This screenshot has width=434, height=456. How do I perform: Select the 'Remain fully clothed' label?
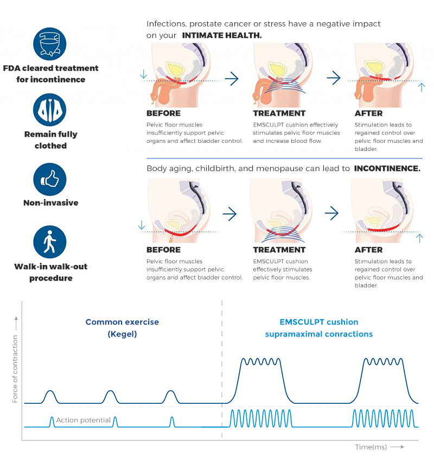pyautogui.click(x=50, y=140)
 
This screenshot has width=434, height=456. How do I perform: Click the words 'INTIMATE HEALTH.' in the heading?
pyautogui.click(x=222, y=35)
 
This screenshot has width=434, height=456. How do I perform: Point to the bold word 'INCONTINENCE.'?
pyautogui.click(x=387, y=169)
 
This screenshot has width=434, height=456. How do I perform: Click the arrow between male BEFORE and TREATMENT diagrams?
pyautogui.click(x=231, y=79)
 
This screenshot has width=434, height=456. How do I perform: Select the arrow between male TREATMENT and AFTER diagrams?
pyautogui.click(x=333, y=79)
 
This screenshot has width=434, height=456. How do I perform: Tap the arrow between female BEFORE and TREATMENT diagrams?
pyautogui.click(x=230, y=214)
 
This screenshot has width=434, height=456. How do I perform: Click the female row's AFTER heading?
pyautogui.click(x=368, y=250)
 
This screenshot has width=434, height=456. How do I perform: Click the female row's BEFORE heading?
pyautogui.click(x=163, y=250)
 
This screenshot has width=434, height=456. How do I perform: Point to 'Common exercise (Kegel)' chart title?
pyautogui.click(x=122, y=328)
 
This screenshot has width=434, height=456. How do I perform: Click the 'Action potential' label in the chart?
pyautogui.click(x=83, y=420)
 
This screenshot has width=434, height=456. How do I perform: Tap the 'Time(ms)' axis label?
pyautogui.click(x=371, y=447)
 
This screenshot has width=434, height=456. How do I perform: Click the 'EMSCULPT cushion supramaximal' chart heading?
pyautogui.click(x=319, y=328)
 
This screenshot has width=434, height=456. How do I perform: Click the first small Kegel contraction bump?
pyautogui.click(x=50, y=396)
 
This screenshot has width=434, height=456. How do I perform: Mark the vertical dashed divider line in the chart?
pyautogui.click(x=222, y=369)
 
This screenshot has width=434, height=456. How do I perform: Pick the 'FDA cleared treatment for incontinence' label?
pyautogui.click(x=50, y=74)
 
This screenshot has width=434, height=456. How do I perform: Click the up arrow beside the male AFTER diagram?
pyautogui.click(x=422, y=86)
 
